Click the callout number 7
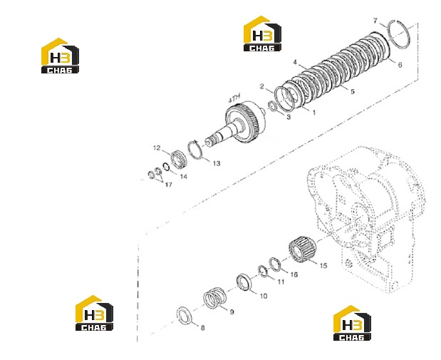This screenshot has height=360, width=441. [375, 21]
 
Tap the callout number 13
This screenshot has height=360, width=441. [217, 163]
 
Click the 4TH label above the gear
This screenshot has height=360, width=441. [234, 98]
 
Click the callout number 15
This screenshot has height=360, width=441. [323, 265]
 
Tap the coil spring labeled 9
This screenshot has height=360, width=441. [215, 297]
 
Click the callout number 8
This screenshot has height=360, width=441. [202, 328]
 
